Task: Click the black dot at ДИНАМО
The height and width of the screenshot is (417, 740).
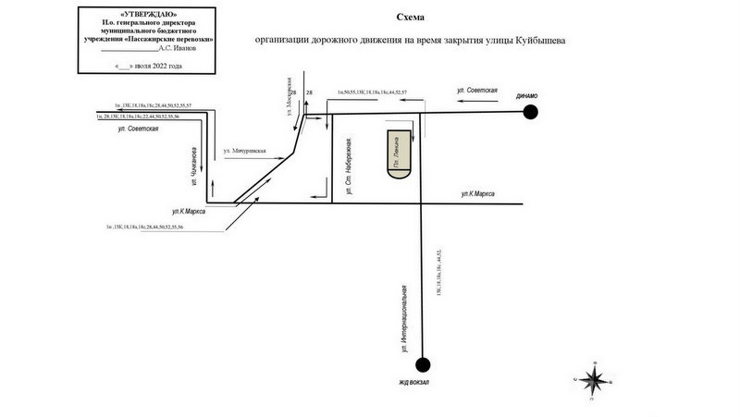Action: tap(530, 112)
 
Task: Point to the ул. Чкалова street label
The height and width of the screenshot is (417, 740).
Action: tap(194, 165)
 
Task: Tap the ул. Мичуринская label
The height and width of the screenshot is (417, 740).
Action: tap(244, 150)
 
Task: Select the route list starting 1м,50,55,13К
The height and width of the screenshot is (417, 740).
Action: tap(372, 93)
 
